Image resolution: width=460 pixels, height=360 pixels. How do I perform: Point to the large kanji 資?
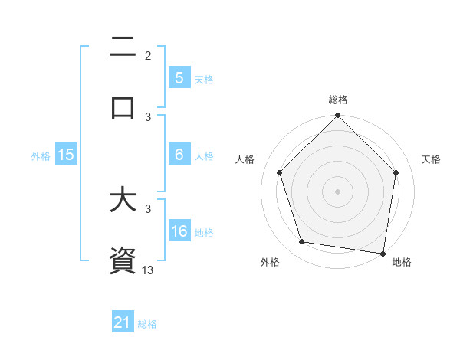[x=123, y=260]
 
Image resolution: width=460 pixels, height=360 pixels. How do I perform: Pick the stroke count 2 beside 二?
[x=149, y=56]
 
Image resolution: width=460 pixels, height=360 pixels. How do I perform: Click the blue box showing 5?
[x=179, y=77]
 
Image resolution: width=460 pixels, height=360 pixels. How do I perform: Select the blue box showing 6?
[x=179, y=155]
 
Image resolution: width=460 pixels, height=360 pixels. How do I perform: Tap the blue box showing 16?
[x=179, y=231]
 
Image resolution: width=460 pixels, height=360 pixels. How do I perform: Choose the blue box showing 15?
[x=65, y=155]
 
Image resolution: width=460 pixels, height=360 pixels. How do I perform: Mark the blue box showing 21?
[x=123, y=322]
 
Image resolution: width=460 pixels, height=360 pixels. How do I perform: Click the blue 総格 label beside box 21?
[x=147, y=324]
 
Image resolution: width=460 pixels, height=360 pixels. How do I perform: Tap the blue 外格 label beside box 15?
[x=41, y=155]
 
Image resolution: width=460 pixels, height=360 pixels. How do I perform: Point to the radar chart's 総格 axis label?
[x=338, y=100]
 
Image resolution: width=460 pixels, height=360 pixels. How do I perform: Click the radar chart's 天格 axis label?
[x=431, y=159]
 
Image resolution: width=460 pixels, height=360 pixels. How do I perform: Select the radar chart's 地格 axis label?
[x=402, y=262]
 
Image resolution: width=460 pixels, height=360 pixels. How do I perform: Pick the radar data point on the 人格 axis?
[x=280, y=172]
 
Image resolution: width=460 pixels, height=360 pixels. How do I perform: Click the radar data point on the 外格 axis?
[x=302, y=242]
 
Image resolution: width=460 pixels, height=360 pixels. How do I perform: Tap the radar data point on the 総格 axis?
[x=338, y=116]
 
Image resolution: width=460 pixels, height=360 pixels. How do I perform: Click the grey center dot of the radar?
[x=338, y=191]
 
